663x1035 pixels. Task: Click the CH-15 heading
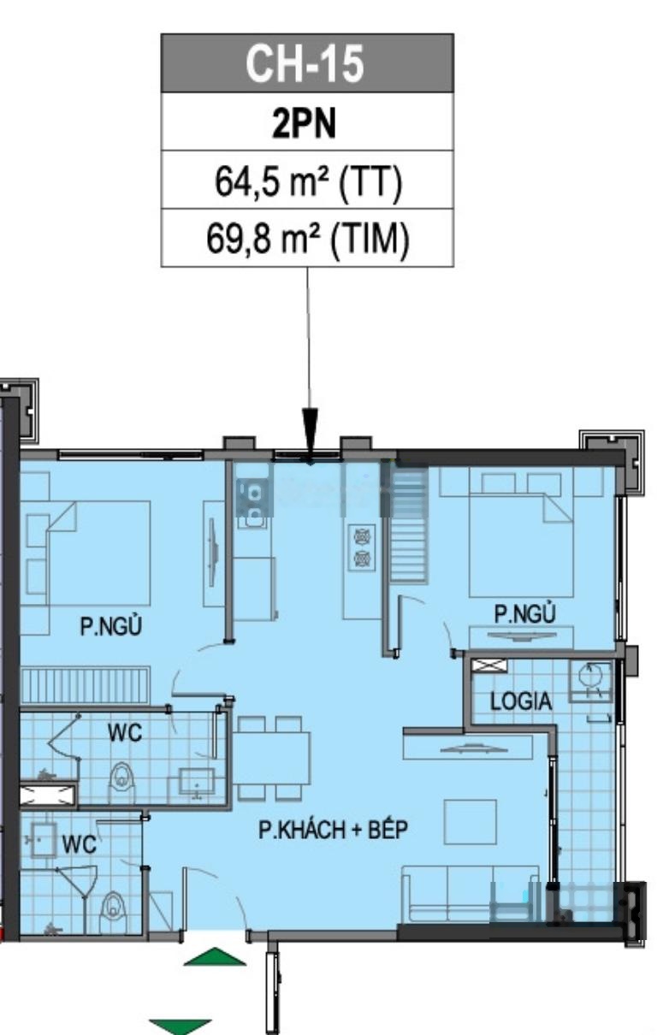click(x=305, y=63)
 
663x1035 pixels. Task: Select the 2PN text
click(x=304, y=123)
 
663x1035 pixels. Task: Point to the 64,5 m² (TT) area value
click(x=308, y=181)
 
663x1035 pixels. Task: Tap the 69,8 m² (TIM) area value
click(x=307, y=239)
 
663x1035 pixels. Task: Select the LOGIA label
click(x=520, y=701)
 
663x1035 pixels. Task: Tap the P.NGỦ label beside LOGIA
click(x=524, y=613)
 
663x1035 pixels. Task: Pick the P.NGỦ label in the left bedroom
click(x=111, y=625)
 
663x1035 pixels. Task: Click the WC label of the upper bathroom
click(x=125, y=733)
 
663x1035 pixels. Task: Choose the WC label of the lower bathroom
click(x=79, y=844)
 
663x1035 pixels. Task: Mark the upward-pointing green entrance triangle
click(x=215, y=956)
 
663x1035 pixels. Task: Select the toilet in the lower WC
click(x=113, y=903)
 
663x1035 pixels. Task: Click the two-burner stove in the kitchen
click(x=362, y=547)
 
